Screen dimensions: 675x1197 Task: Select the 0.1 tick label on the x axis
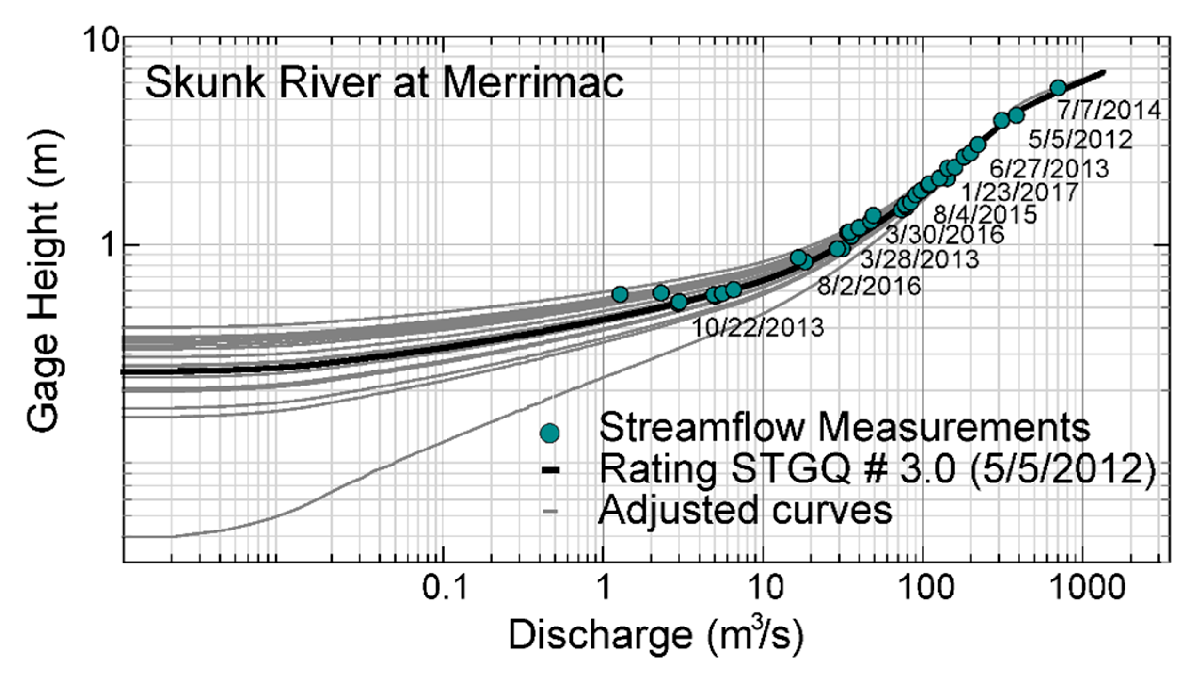[444, 587]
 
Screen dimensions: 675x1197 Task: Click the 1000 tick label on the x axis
[1087, 587]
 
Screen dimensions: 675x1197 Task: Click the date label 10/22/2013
[758, 328]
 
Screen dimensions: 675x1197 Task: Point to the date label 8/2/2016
[869, 286]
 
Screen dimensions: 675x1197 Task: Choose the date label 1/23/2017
[1019, 192]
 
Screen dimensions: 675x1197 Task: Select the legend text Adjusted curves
[745, 510]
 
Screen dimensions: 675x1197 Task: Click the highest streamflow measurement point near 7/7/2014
[1058, 88]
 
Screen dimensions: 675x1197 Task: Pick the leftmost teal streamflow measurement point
[620, 295]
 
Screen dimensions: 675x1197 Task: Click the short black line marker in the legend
[550, 470]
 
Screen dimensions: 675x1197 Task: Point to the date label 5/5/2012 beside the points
[1080, 140]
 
